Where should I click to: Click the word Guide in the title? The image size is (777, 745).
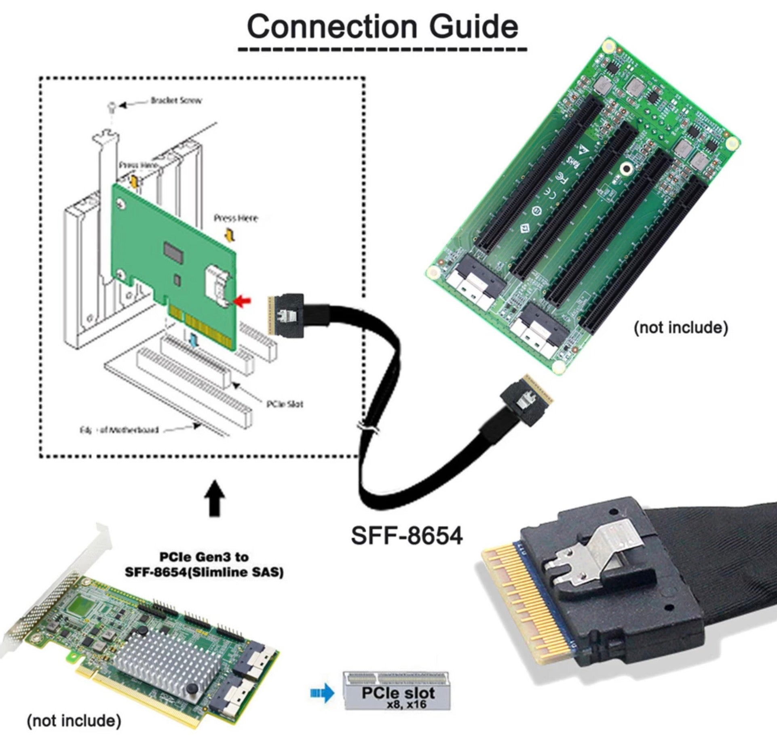[473, 27]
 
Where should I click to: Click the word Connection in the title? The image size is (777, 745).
[331, 27]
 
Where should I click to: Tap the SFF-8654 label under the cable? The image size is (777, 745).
[406, 536]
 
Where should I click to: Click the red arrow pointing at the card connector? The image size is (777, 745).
[243, 300]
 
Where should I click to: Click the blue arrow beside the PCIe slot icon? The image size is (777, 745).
[322, 693]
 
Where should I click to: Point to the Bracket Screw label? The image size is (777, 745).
[175, 100]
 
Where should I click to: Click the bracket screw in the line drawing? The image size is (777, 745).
[112, 106]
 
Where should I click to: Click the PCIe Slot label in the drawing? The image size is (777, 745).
[285, 404]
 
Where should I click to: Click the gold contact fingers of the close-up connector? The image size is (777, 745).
[513, 606]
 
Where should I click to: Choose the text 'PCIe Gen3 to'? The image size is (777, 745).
[204, 557]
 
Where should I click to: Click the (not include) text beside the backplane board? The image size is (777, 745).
[680, 327]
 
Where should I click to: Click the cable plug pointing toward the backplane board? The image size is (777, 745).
[526, 402]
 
